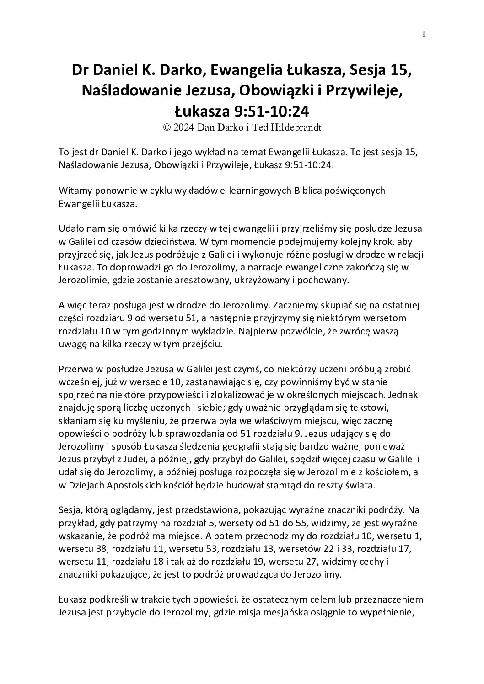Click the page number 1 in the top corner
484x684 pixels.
coord(424,34)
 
